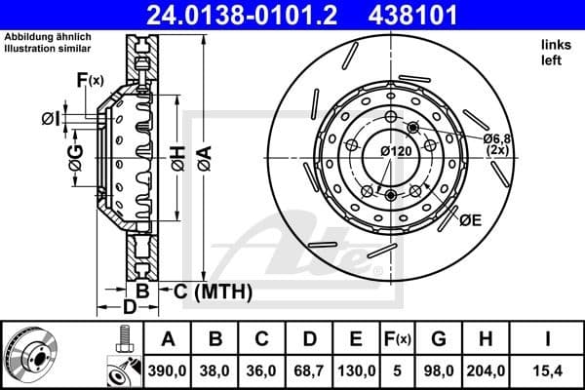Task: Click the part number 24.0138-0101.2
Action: point(255,15)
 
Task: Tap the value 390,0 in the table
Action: point(168,370)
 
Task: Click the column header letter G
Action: point(438,339)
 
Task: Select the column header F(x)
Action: point(397,339)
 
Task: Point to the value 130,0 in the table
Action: point(354,370)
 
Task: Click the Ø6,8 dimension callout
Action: point(499,138)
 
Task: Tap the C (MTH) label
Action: point(208,291)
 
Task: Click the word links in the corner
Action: point(555,46)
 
